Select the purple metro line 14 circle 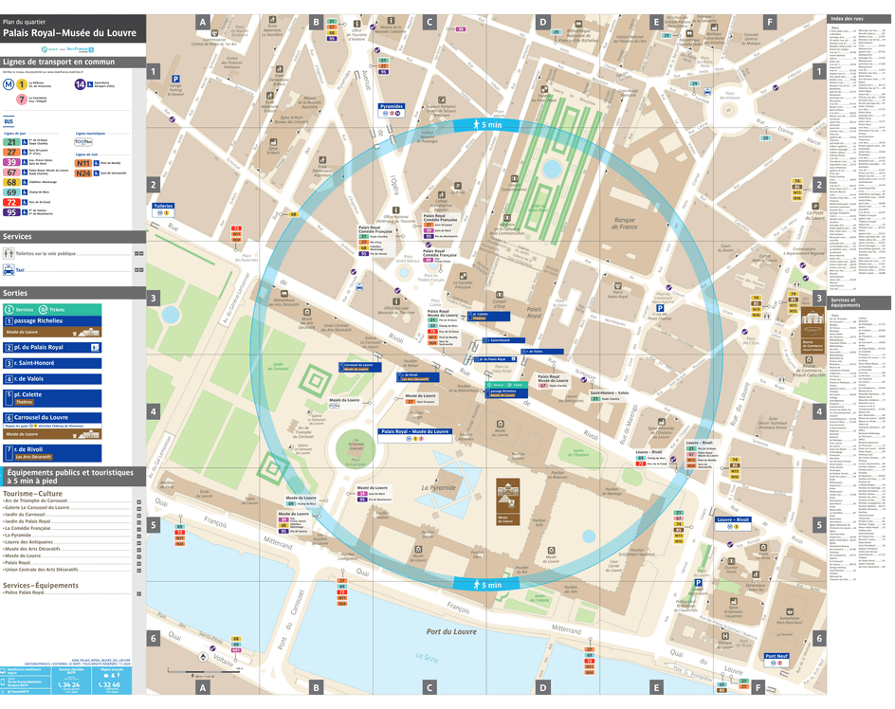pos(81,84)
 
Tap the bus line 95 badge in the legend pos(11,212)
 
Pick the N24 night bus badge pos(84,173)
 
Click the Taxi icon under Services pos(8,270)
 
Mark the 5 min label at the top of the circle pos(489,124)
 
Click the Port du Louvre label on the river pos(450,631)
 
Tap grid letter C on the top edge pos(429,21)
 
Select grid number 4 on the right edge pos(818,411)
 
